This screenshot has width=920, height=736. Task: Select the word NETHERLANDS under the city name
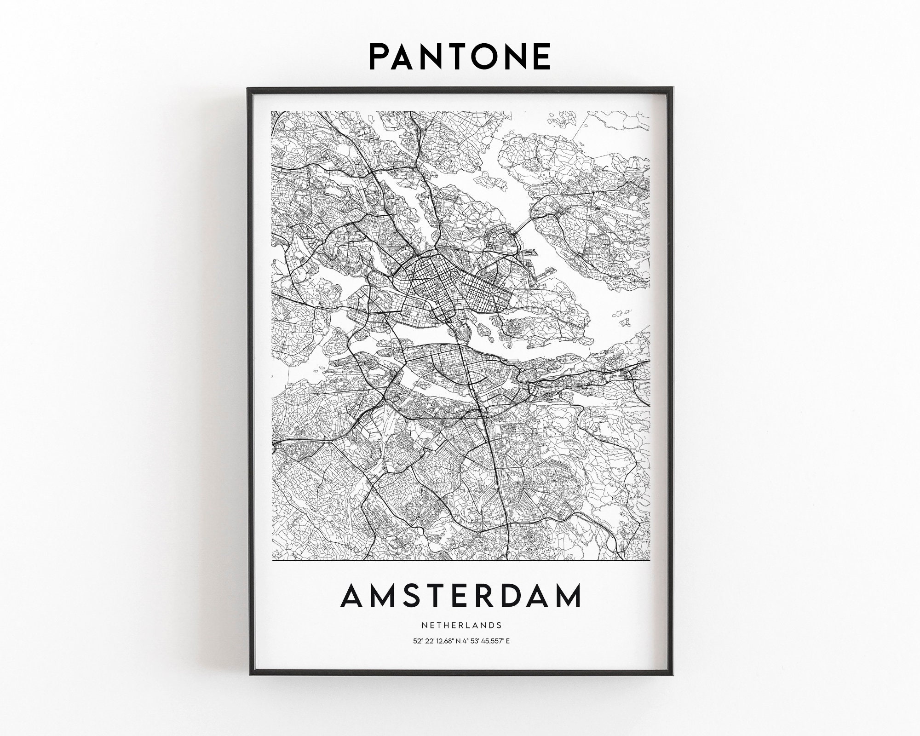tap(460, 625)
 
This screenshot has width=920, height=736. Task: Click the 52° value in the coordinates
tap(418, 641)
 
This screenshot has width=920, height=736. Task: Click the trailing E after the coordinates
tap(508, 641)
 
